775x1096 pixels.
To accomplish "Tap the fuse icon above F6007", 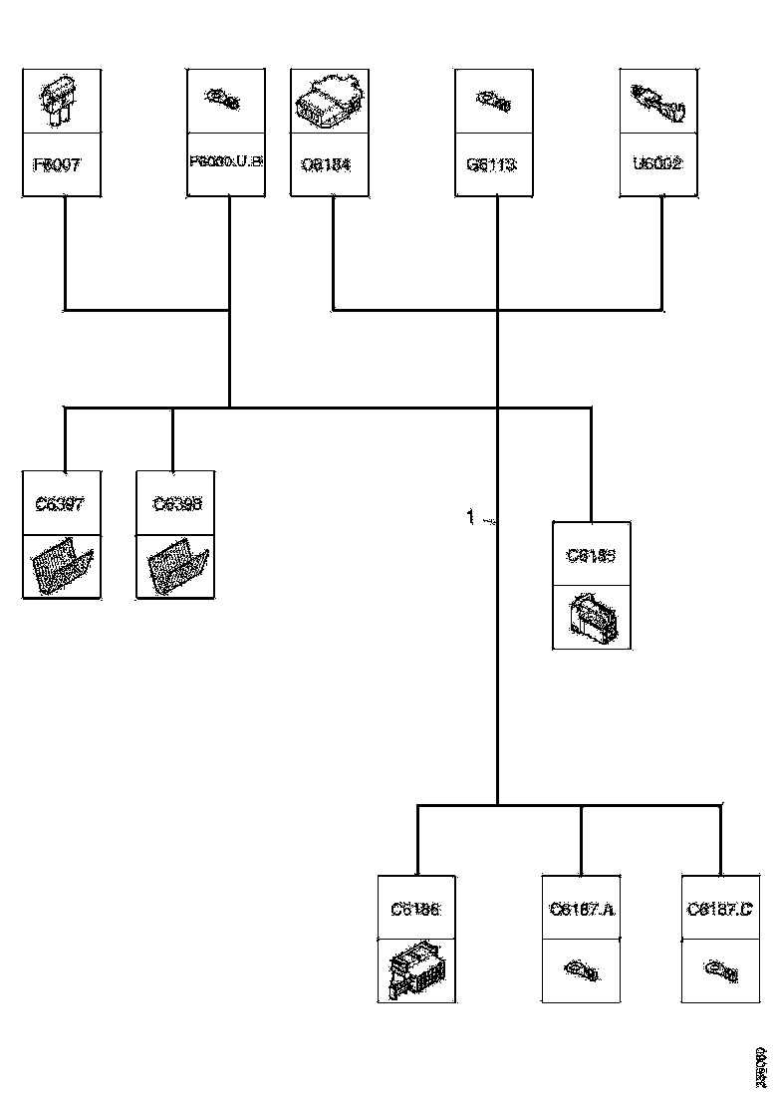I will click(60, 101).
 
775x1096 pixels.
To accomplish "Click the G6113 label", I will click(492, 163).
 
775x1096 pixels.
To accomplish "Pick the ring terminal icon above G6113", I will click(495, 100).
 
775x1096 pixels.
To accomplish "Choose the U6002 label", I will click(658, 163).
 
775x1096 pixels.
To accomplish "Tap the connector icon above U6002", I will click(658, 101).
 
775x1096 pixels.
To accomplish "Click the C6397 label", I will click(61, 503).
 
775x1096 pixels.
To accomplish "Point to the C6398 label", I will click(176, 503).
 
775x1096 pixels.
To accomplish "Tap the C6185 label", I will click(592, 555).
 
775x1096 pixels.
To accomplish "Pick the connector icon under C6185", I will click(592, 618).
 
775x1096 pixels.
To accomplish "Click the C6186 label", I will click(416, 909).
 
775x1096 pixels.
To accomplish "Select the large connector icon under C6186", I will click(416, 970).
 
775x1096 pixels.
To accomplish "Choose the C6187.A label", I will click(582, 909).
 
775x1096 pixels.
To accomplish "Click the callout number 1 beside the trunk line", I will click(471, 516).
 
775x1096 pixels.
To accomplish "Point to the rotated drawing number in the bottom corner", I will click(760, 1067).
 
